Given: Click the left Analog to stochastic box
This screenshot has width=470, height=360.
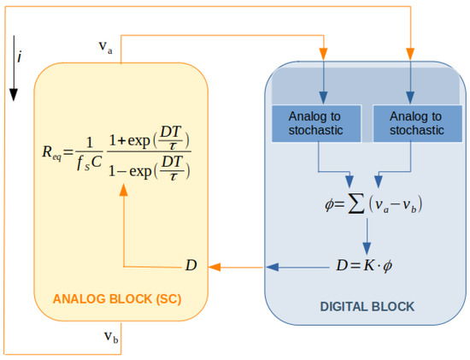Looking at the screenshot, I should [x=318, y=124].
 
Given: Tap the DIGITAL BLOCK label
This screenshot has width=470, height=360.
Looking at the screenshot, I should [x=367, y=305].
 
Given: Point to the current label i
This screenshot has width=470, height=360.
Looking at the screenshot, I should [x=21, y=58].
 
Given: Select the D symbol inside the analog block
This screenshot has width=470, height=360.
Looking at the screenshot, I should [x=191, y=265].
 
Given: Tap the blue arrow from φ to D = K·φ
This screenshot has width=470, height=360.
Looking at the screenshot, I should [x=368, y=235].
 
